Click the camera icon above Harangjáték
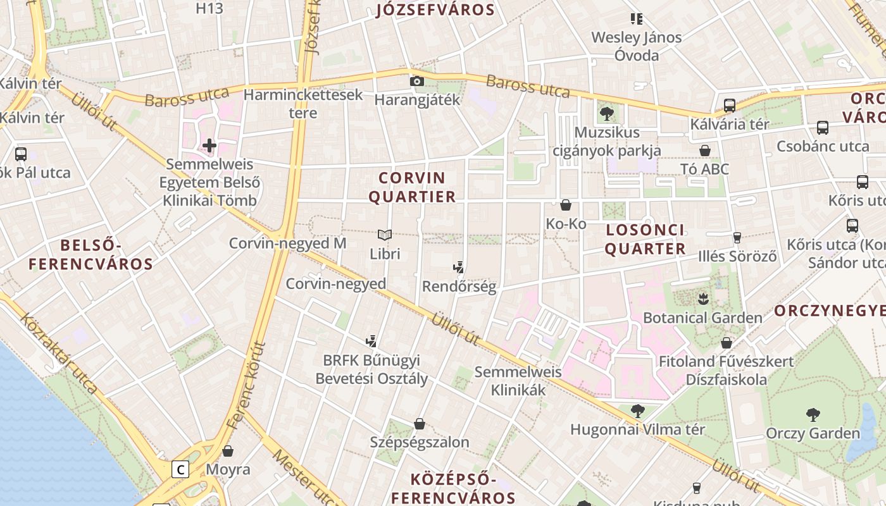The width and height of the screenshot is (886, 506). click(x=416, y=81)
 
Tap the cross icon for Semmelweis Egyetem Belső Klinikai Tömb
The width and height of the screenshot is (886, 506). click(x=209, y=145)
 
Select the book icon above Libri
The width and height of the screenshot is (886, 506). click(x=385, y=235)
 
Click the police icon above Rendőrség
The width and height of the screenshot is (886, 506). click(x=459, y=268)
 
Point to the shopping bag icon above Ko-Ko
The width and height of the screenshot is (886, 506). click(x=566, y=205)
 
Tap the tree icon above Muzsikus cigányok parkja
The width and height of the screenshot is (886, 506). click(x=606, y=114)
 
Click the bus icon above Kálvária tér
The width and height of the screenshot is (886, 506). click(x=729, y=105)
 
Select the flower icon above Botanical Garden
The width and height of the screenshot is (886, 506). click(x=702, y=298)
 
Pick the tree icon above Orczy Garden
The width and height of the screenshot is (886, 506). click(x=813, y=415)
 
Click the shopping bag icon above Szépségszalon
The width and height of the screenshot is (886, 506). click(x=419, y=423)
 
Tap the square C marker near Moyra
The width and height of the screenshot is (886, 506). click(x=180, y=469)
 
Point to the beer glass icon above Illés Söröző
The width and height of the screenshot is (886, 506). click(x=737, y=238)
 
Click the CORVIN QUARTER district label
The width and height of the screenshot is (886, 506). click(x=412, y=187)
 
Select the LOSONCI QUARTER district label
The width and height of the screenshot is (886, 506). click(x=645, y=239)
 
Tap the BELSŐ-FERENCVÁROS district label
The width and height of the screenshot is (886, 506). click(x=90, y=254)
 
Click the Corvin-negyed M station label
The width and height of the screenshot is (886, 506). click(x=287, y=244)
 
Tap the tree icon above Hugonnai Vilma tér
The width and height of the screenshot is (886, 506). click(x=637, y=411)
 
